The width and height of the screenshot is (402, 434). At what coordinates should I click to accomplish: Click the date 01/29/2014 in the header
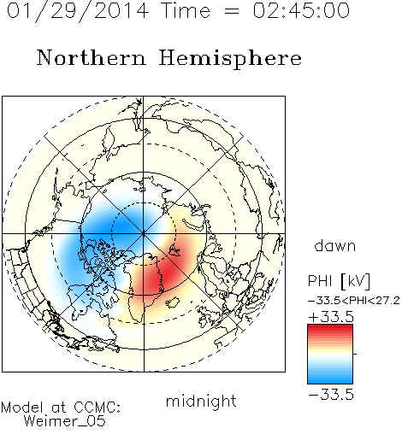point(78,11)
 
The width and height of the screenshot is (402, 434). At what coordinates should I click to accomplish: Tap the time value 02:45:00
point(301,10)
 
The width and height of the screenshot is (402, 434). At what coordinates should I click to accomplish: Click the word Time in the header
point(186,10)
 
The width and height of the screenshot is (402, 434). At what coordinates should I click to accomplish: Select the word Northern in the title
point(92,57)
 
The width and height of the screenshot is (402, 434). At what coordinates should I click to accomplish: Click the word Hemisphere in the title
point(230,59)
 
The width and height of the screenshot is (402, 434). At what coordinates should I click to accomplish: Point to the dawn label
point(334,245)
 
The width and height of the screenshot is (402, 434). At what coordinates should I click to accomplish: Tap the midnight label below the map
point(201,402)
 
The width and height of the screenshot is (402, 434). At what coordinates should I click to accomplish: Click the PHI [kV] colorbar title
point(339,281)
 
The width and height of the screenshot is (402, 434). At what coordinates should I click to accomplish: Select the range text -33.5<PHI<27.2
point(354,301)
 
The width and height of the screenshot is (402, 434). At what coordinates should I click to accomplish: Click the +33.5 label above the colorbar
point(331,317)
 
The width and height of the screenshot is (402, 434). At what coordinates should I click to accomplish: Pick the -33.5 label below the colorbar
point(331,395)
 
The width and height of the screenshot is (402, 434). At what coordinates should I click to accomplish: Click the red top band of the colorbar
point(330,328)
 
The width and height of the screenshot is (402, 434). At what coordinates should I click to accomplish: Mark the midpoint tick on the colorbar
point(355,354)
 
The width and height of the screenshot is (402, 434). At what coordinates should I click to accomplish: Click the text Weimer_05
point(65,421)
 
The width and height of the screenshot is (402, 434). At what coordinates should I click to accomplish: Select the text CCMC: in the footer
point(98,408)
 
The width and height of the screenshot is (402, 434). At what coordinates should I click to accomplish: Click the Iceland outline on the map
point(172,302)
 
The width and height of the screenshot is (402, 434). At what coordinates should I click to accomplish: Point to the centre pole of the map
point(144,234)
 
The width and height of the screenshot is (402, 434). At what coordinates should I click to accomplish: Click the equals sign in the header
point(232,11)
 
